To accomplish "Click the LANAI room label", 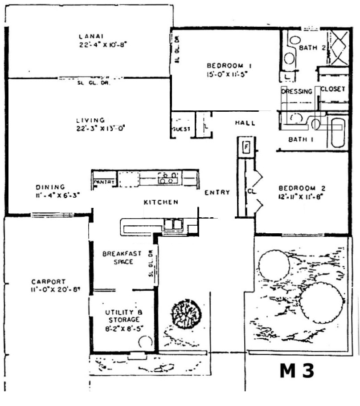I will coord(87,36).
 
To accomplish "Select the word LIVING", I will coord(90,120).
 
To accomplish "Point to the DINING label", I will coord(50,187).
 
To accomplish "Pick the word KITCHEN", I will coord(161,202).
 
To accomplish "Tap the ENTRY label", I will coord(217,192).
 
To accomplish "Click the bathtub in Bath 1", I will coord(339,132).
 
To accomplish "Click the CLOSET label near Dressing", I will coord(333,89).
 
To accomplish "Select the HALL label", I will coord(245,123).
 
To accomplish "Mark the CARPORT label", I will coord(49,282).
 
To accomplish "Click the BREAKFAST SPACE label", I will coord(122,258).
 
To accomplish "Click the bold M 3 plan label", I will coord(297,371).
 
